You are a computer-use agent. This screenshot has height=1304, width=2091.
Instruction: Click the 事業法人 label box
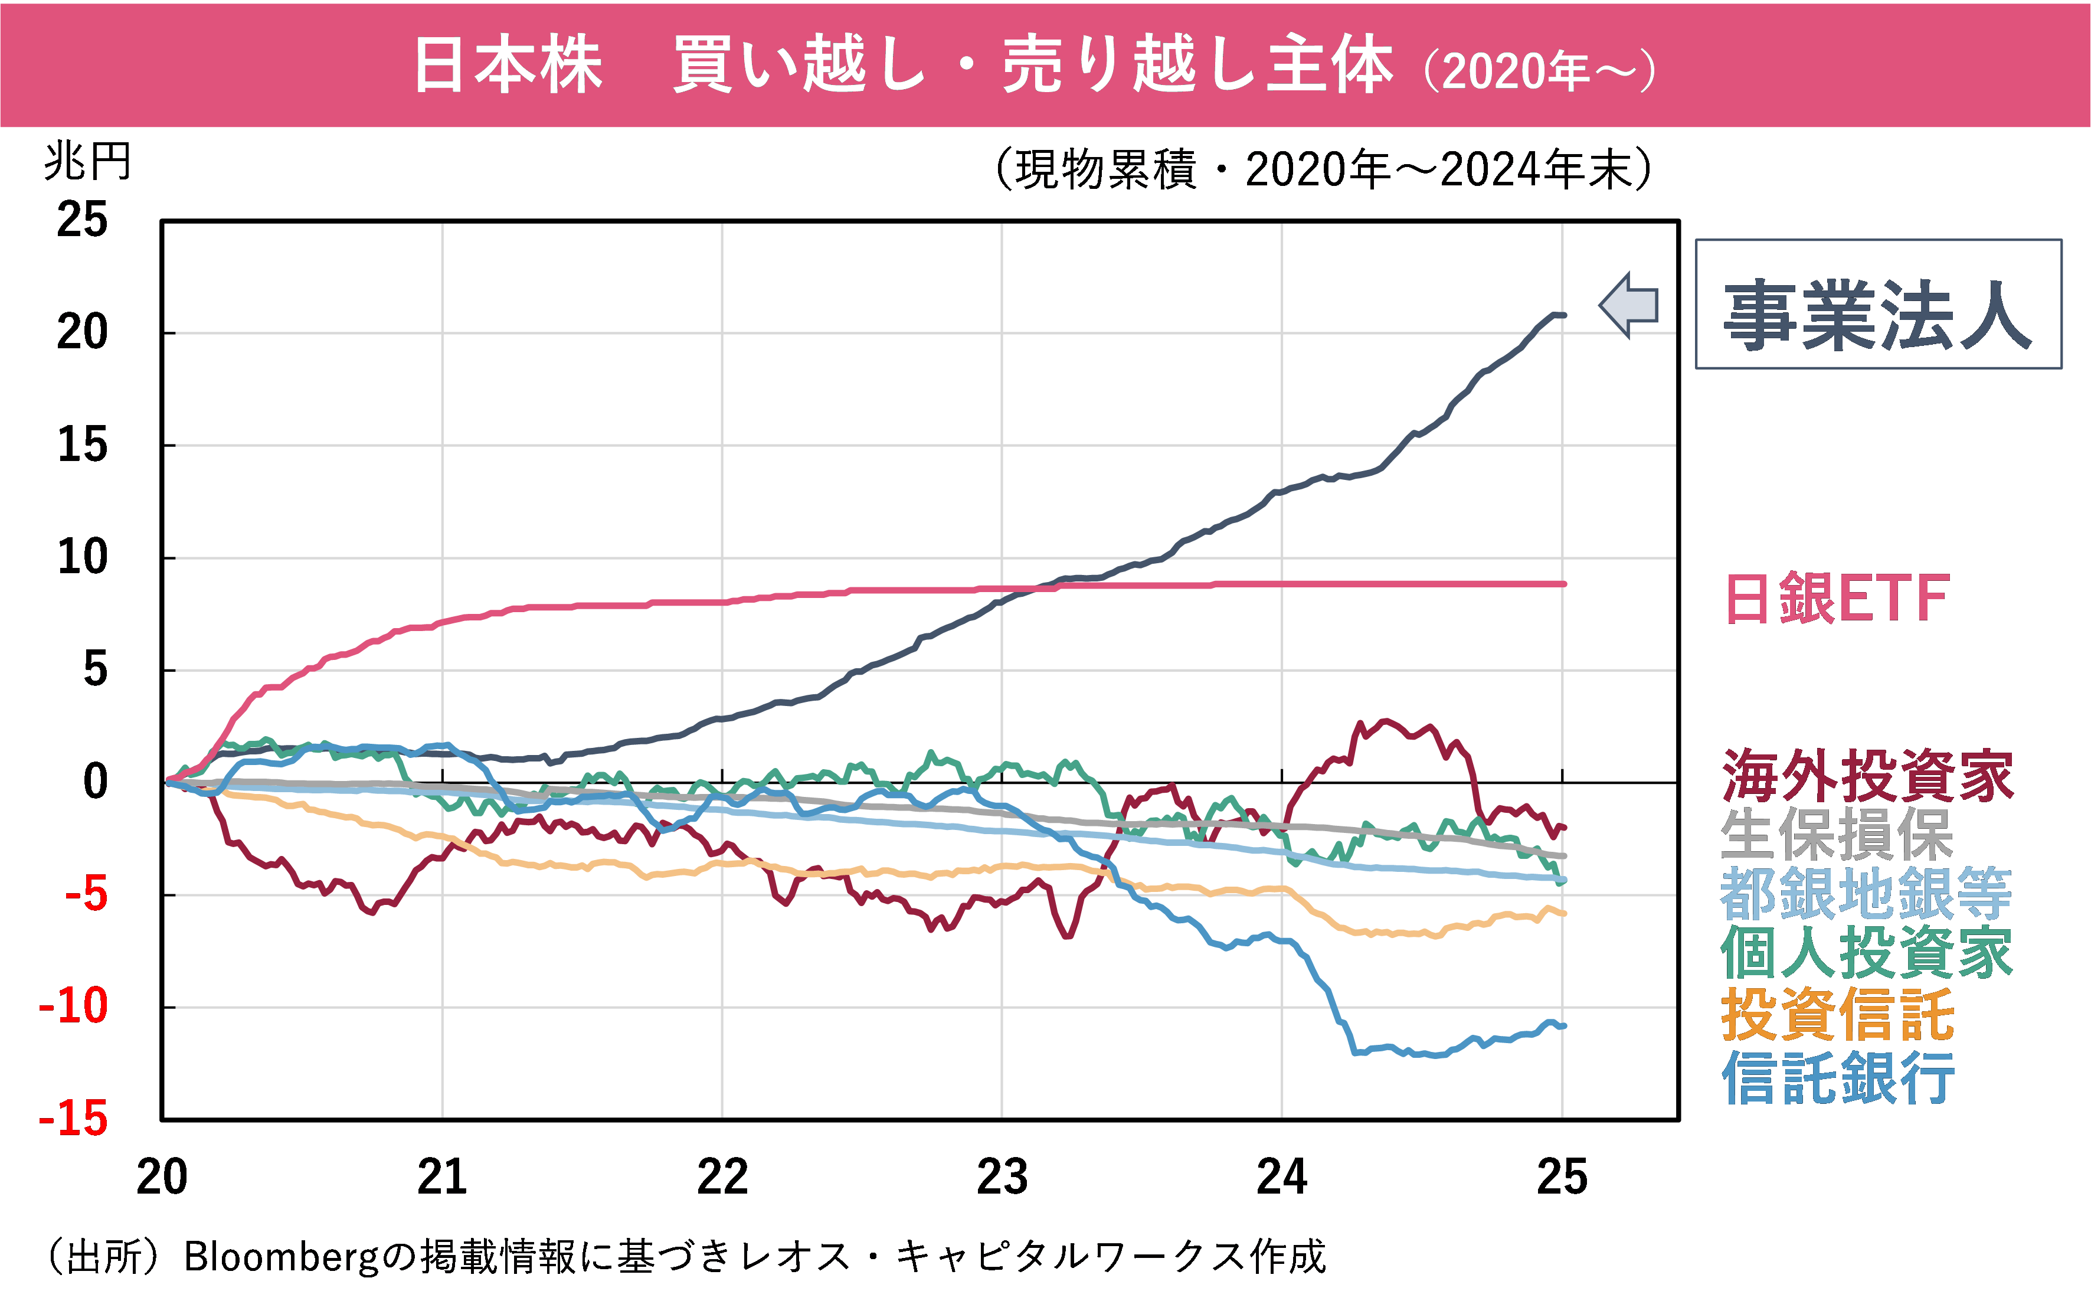point(1878,305)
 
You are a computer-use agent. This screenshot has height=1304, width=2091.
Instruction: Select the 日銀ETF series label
point(1837,599)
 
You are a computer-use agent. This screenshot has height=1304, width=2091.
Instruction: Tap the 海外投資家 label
point(1867,775)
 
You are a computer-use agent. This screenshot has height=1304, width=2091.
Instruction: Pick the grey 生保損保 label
point(1836,834)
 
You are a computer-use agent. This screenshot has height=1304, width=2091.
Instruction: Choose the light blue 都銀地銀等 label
point(1865,894)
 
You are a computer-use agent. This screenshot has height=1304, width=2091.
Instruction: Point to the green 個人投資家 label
point(1865,953)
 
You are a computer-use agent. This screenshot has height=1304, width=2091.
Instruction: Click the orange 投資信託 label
point(1837,1014)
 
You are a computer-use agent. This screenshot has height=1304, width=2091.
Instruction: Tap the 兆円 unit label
point(87,161)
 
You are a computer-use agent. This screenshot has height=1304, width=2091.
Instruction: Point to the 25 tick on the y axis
point(82,220)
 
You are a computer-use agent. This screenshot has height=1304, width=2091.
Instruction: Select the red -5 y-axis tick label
point(86,894)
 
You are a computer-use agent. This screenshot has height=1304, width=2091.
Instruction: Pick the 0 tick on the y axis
point(95,782)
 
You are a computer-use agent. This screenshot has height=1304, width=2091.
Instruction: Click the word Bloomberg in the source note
point(281,1257)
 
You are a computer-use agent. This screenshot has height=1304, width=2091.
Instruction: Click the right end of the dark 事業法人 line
point(1562,315)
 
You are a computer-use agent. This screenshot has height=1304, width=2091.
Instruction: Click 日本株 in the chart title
point(508,65)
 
